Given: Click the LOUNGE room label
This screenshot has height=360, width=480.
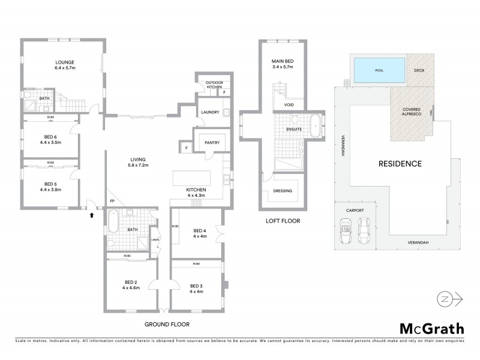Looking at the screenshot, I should [x=65, y=62].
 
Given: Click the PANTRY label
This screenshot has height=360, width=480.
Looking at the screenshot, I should [x=212, y=143].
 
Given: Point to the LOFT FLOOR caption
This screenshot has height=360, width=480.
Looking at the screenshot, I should [x=283, y=221].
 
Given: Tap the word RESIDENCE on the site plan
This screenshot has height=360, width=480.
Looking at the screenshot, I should [x=400, y=164].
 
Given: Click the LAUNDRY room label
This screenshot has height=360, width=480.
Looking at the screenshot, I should [x=209, y=112].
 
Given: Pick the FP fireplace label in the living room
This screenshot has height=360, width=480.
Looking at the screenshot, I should [x=112, y=201].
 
